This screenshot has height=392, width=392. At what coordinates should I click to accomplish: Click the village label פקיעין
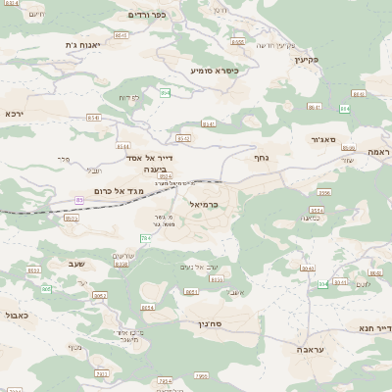(306, 59)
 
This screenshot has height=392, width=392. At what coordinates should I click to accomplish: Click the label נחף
(261, 155)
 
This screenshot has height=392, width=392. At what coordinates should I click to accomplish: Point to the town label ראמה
(379, 152)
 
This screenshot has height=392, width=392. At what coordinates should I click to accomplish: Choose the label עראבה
(311, 348)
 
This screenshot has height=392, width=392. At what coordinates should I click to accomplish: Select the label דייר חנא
(375, 327)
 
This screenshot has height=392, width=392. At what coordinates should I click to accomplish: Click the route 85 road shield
(79, 200)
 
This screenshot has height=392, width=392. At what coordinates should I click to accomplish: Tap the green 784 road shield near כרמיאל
(146, 238)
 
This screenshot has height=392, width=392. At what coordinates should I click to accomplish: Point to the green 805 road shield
(46, 289)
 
